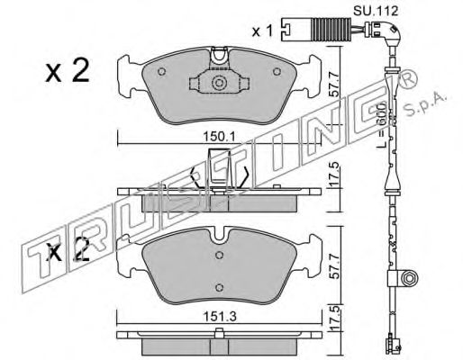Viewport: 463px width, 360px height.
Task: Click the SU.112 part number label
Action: [376, 11]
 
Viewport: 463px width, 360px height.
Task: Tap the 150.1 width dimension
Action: [220, 137]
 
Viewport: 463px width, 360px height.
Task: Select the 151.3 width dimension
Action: [220, 316]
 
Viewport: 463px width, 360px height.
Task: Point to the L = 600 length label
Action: [382, 125]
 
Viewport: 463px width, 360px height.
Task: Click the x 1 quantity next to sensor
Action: [262, 31]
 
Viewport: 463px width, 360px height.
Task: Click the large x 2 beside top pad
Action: [68, 71]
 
